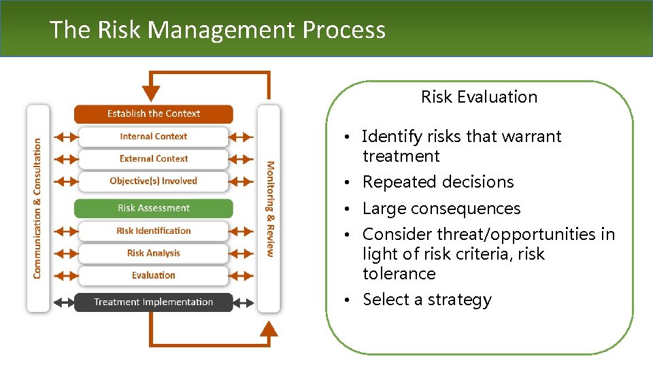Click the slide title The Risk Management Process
point(217,30)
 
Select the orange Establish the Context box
point(154,113)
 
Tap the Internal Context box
point(154,137)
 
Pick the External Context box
point(154,159)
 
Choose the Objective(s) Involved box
point(154,181)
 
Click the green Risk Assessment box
point(154,208)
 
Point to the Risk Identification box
point(154,231)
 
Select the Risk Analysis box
point(154,254)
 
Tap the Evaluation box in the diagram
point(154,276)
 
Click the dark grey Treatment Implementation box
point(154,302)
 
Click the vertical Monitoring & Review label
point(270,208)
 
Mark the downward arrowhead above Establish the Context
point(151,93)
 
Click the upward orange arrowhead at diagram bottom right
point(269,329)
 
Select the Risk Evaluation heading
point(479,97)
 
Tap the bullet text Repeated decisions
point(438,182)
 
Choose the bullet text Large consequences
point(441,209)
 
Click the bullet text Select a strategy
point(426,300)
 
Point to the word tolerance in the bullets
point(399,274)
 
